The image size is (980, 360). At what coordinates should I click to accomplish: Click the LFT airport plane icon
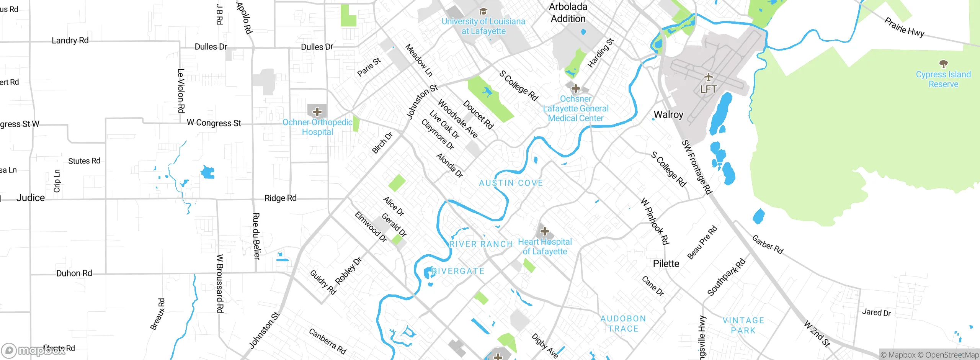click(709, 77)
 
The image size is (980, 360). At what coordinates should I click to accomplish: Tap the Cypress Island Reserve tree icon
click(943, 64)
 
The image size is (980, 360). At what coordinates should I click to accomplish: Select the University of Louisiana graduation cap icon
click(483, 11)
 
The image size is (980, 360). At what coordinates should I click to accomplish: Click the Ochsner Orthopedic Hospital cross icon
click(317, 112)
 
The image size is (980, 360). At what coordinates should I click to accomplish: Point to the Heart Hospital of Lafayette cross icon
click(544, 231)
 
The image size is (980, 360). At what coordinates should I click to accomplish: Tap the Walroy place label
click(668, 115)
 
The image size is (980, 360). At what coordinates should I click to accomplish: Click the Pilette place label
click(666, 263)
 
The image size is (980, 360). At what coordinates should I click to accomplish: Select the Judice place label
click(31, 198)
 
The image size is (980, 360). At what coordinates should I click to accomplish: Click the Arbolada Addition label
click(568, 13)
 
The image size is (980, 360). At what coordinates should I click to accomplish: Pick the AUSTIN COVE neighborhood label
click(511, 183)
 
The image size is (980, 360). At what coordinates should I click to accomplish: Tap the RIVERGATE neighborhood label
click(458, 271)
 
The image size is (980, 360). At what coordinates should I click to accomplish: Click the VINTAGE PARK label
click(743, 326)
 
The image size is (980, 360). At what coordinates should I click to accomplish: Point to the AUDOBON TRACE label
click(623, 324)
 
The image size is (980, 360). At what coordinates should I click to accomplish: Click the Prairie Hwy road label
click(904, 27)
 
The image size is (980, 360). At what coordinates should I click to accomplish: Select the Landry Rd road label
click(70, 40)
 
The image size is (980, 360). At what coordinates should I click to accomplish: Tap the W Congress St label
click(214, 123)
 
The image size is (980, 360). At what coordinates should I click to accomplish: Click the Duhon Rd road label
click(74, 273)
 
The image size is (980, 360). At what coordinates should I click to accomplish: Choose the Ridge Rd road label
click(281, 198)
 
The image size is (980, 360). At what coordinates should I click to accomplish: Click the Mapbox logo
click(33, 350)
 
